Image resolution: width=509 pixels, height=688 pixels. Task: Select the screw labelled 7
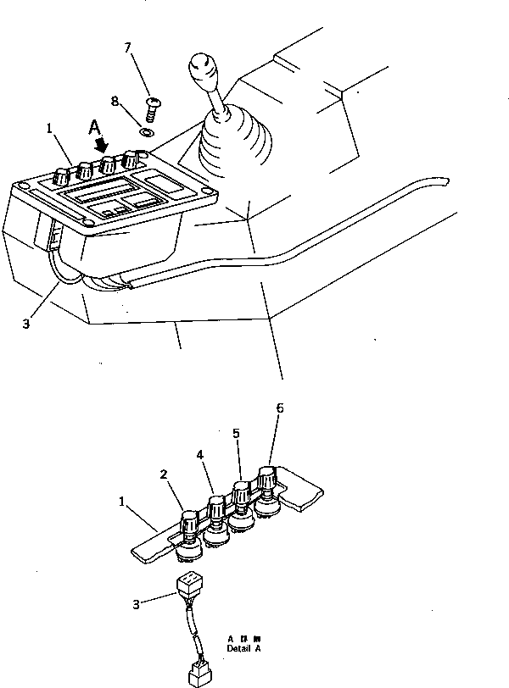(153, 105)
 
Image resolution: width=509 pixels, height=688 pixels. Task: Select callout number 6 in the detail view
(279, 408)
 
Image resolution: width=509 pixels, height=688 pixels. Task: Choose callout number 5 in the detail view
(237, 433)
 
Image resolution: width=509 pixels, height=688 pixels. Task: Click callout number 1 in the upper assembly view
(51, 129)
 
